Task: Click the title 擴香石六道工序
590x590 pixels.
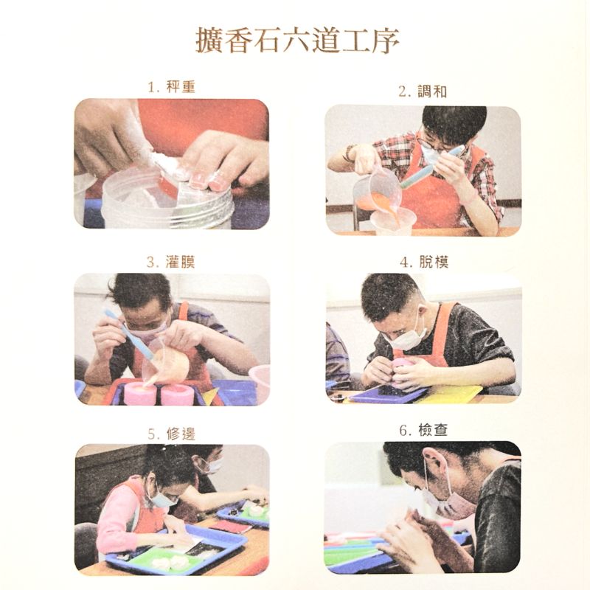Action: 297,41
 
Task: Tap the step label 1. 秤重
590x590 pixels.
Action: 172,87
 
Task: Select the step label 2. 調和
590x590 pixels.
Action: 423,91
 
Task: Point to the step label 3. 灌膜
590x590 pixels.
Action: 171,262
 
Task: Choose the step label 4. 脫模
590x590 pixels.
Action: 424,262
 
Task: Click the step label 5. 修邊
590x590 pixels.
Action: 172,434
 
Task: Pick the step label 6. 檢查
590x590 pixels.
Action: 423,430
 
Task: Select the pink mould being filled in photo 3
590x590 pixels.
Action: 140,393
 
